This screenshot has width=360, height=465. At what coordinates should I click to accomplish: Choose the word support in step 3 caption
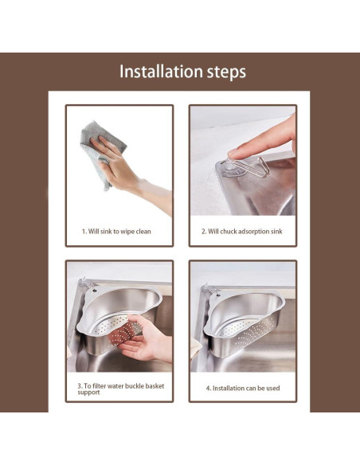[x=88, y=393]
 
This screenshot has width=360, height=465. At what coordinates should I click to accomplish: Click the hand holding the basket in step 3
[x=145, y=339]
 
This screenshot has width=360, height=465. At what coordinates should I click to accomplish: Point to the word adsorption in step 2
[x=253, y=232]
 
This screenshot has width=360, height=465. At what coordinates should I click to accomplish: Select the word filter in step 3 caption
[x=99, y=386]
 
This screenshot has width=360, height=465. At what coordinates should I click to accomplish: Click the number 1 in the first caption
[x=84, y=232]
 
